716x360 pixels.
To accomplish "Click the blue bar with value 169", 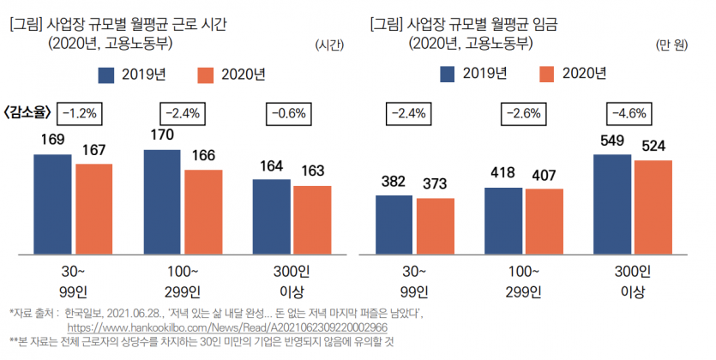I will pyautogui.click(x=54, y=204).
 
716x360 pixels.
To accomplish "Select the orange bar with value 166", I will pyautogui.click(x=203, y=212).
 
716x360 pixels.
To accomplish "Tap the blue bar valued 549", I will pyautogui.click(x=613, y=204).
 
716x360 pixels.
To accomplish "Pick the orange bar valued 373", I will pyautogui.click(x=435, y=225).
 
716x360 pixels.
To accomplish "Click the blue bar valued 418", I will pyautogui.click(x=503, y=220).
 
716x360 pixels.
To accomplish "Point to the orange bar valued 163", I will pyautogui.click(x=312, y=219).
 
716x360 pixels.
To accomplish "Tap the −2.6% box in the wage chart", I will pyautogui.click(x=523, y=112).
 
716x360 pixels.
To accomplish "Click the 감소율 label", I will pyautogui.click(x=28, y=111).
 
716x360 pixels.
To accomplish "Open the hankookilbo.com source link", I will pyautogui.click(x=232, y=327).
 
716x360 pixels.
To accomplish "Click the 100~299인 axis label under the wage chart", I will pyautogui.click(x=523, y=280).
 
